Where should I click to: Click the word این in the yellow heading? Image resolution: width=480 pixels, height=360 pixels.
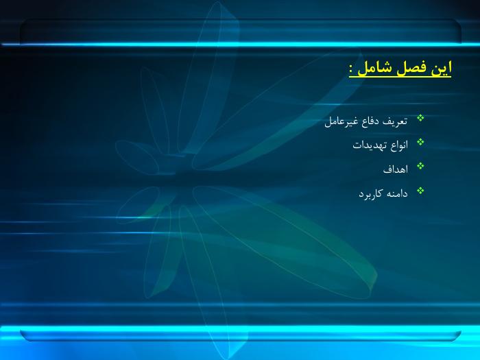(442, 68)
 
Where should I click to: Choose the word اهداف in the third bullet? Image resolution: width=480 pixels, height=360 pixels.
(396, 169)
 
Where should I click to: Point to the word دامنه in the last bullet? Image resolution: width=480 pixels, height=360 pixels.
(396, 193)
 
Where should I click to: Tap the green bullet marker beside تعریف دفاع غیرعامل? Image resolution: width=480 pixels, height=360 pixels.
(420, 118)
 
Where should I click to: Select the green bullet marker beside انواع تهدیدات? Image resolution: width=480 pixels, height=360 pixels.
(420, 142)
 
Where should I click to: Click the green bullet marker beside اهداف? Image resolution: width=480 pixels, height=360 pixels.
(420, 166)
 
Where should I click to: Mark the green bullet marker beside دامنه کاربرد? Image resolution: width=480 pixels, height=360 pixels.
(420, 191)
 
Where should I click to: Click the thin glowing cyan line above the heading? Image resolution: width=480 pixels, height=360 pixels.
(240, 45)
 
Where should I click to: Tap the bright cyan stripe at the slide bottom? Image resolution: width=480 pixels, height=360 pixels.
(240, 329)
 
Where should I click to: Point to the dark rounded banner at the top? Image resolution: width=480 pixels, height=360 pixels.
(241, 31)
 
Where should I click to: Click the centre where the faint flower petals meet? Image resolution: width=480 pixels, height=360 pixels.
(184, 178)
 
